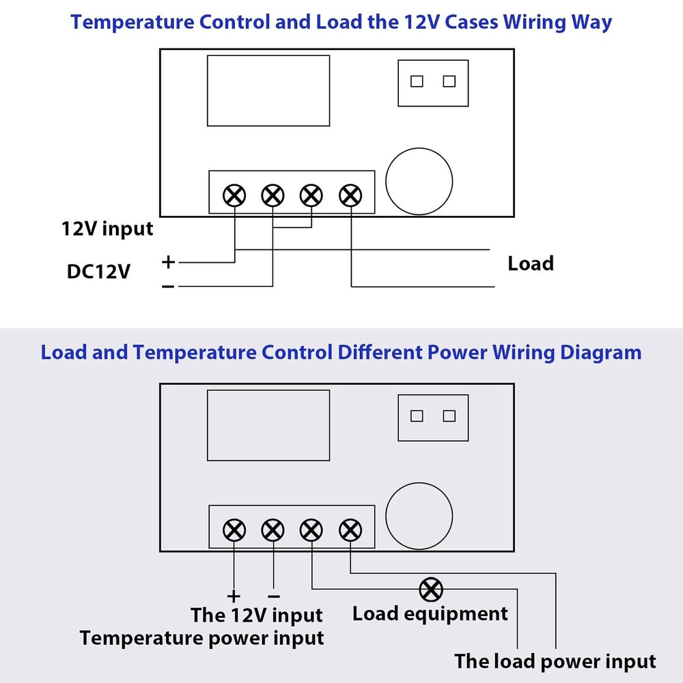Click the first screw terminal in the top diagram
click(234, 196)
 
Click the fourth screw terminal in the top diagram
click(350, 196)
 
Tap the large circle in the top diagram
click(419, 181)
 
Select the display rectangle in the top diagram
click(268, 91)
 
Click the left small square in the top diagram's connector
click(417, 81)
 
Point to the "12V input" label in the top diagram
click(108, 228)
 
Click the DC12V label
click(98, 272)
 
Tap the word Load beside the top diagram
click(531, 264)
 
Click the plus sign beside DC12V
click(168, 262)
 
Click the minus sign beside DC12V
click(168, 286)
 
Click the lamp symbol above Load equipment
click(431, 589)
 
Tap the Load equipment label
click(430, 613)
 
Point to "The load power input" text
click(555, 661)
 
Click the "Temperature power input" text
click(202, 639)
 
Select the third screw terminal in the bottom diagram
click(311, 529)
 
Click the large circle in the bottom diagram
click(419, 516)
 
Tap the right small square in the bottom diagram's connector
click(449, 416)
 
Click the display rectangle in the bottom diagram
click(268, 425)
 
